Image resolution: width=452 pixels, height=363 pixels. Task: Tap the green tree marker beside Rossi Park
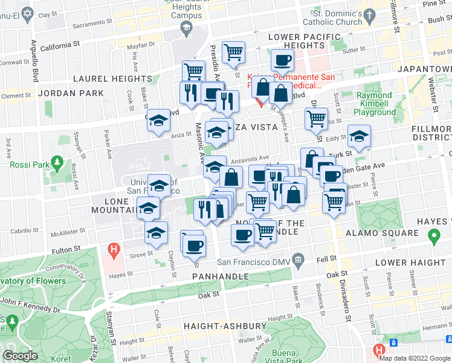coord(57,163)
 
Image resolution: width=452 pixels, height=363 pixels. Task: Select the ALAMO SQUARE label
coord(390,233)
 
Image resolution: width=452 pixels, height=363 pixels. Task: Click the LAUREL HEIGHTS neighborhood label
coord(112,79)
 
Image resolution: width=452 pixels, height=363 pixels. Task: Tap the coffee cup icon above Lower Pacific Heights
coord(282,59)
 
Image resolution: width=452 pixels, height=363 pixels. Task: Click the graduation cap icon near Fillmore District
coord(359,136)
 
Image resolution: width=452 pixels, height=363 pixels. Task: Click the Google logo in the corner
coord(20,356)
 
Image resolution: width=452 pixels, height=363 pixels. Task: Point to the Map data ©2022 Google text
coord(415,358)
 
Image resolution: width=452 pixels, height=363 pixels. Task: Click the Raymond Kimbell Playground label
coord(375,103)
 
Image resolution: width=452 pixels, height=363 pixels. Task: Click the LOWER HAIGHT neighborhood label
coord(410,263)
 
